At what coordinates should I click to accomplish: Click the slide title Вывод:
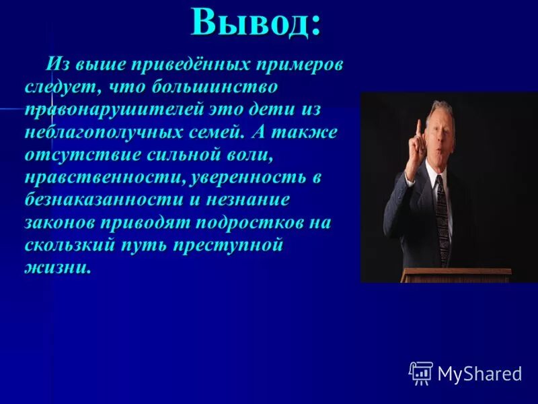[x=256, y=23]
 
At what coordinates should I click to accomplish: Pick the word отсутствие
[x=74, y=155]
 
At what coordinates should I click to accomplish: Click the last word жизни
[x=57, y=267]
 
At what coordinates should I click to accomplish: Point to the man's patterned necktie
[x=442, y=215]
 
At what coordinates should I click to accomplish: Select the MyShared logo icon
[x=421, y=373]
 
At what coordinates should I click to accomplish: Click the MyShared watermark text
[x=479, y=374]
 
